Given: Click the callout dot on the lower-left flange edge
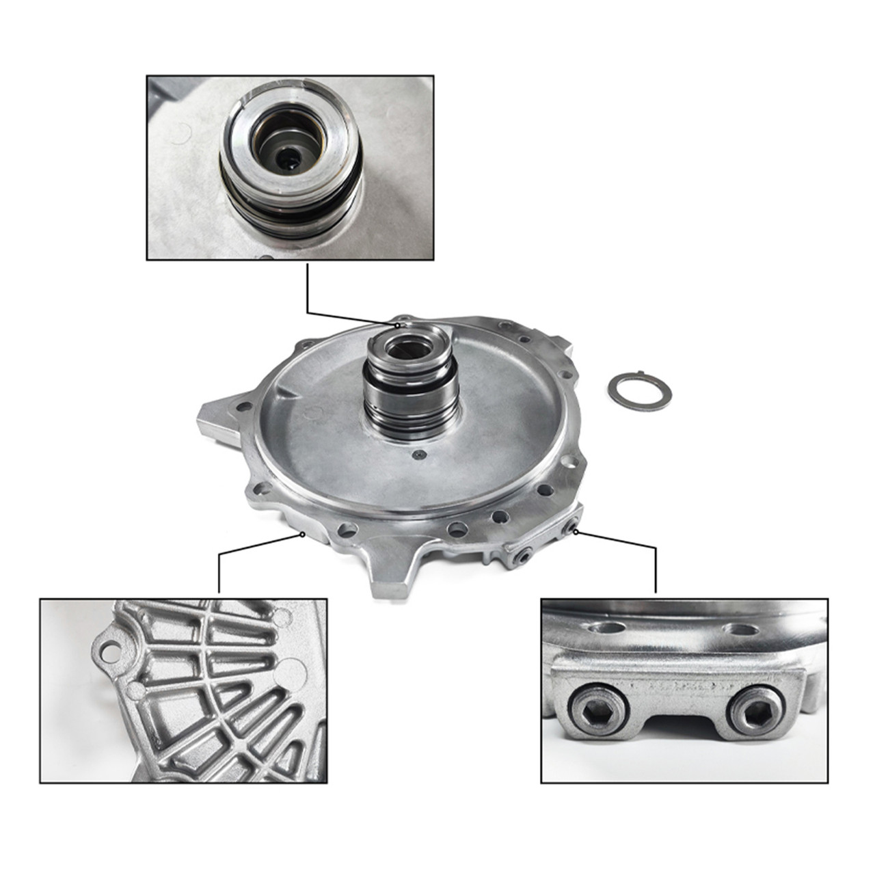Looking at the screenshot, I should pos(303,535).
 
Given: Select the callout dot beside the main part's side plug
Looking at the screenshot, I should pos(577,530).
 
